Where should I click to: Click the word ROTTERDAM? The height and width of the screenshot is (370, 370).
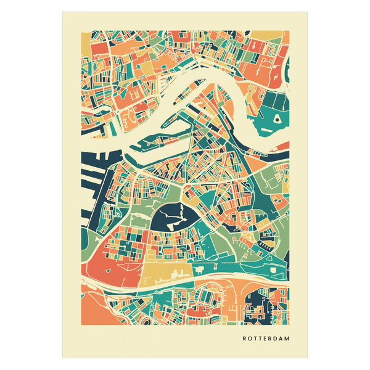click(266, 339)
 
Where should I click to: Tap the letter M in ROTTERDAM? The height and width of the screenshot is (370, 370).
click(287, 339)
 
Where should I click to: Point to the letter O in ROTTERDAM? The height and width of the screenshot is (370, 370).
click(250, 339)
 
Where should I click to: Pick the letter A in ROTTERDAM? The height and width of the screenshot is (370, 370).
click(280, 339)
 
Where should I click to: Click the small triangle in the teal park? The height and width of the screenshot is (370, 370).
click(277, 117)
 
